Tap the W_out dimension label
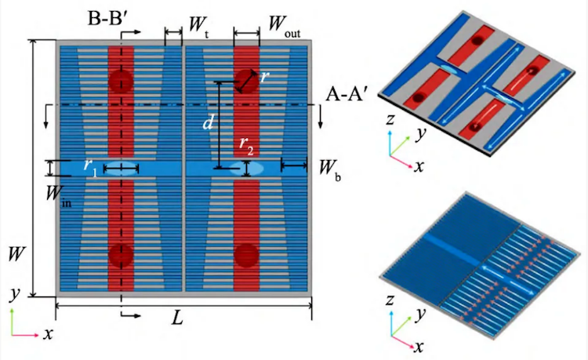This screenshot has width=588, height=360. coord(287,25)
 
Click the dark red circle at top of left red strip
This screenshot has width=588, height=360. coord(121,81)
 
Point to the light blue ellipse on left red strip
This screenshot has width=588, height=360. coord(121,167)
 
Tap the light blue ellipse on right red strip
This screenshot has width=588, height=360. coord(246,167)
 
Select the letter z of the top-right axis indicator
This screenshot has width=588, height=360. coord(390,119)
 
